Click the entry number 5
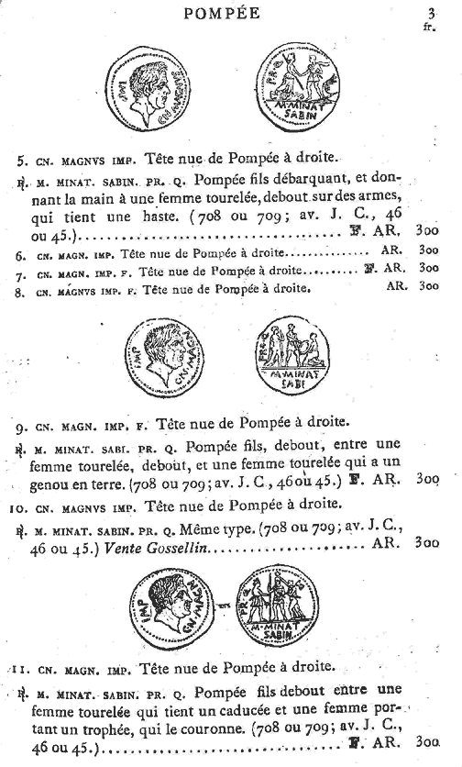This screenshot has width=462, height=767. click(18, 156)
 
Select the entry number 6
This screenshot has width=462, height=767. click(19, 251)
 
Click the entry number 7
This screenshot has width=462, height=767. click(19, 270)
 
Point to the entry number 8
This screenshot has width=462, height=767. click(19, 287)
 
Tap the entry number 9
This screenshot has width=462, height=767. click(19, 425)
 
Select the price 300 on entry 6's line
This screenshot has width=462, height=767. click(427, 250)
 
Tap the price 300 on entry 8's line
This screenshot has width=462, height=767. click(427, 286)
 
